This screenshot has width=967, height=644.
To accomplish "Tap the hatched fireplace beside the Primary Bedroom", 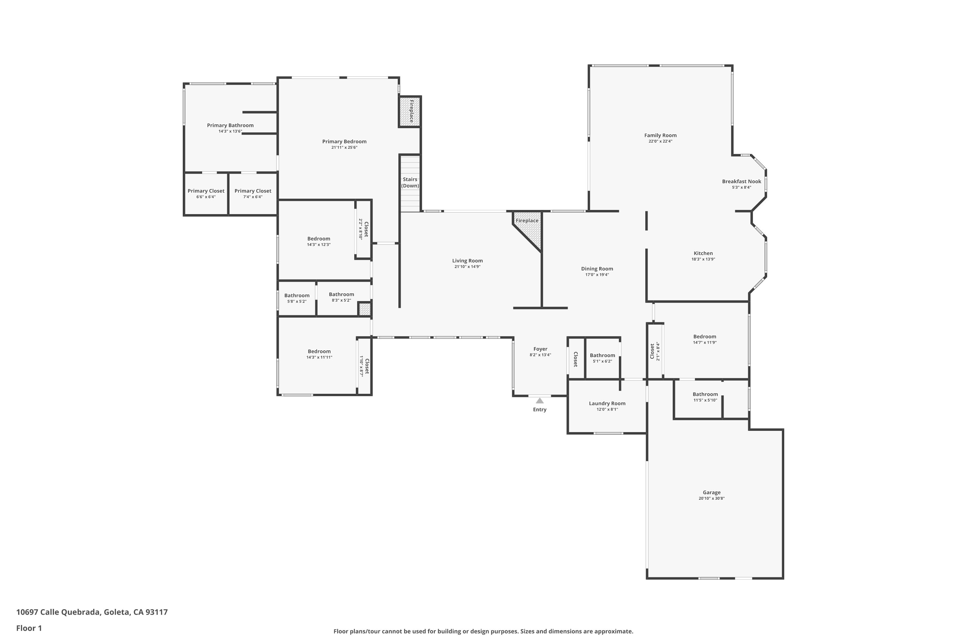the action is point(410,111).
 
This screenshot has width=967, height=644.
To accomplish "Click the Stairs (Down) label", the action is point(410,183).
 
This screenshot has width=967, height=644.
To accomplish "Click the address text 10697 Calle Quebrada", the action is point(58,612).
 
